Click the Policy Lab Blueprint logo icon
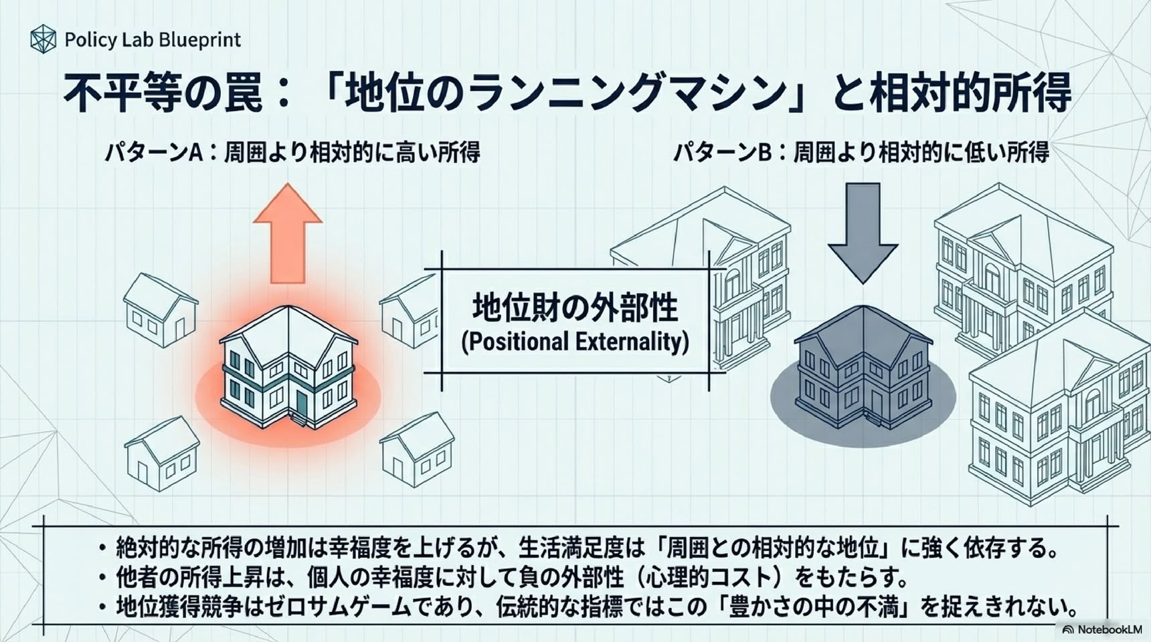[x=43, y=39]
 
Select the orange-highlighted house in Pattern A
[x=288, y=366]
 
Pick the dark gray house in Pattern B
[x=863, y=366]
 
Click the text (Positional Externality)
[x=575, y=341]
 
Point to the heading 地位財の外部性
[x=575, y=307]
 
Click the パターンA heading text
[x=292, y=152]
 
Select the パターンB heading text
[x=861, y=152]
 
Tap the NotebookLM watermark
[x=1101, y=629]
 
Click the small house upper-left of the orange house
[x=161, y=310]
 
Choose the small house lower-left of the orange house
[x=162, y=453]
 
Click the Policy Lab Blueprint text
[x=153, y=40]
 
